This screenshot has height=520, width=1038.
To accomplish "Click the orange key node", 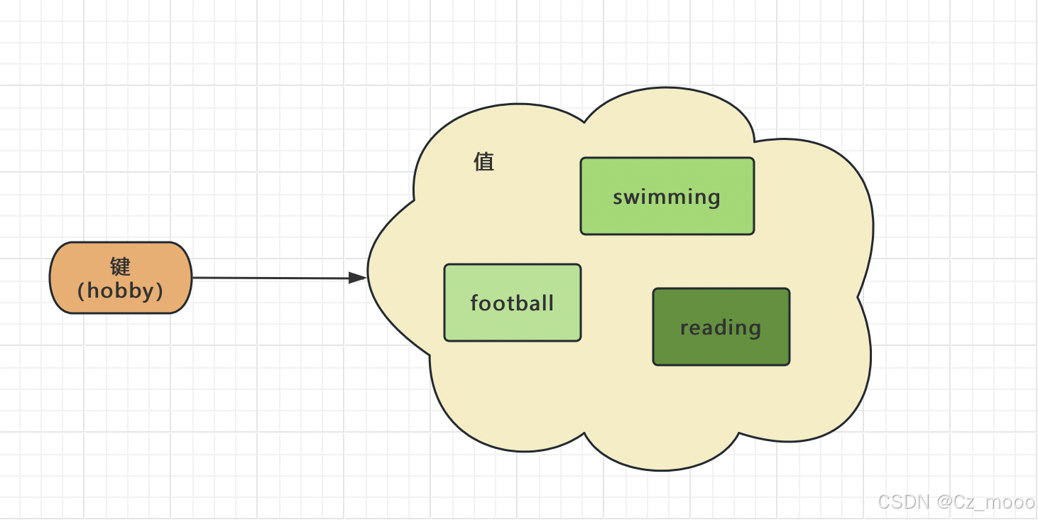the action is tap(121, 278).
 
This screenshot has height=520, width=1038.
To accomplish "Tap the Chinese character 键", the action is tap(121, 266).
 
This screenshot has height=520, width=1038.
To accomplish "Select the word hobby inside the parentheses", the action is tap(121, 291).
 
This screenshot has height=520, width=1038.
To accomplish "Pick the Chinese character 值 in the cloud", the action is tap(484, 162).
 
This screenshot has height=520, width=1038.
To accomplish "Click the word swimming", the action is tap(667, 197).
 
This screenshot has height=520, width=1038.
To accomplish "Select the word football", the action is tap(512, 303).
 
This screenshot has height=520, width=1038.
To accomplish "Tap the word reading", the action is tap(721, 327).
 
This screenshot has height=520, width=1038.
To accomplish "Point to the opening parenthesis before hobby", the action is tap(82, 291).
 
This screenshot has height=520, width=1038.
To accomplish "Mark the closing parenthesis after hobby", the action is tap(160, 291).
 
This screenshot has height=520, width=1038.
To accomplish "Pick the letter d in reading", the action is tap(719, 327).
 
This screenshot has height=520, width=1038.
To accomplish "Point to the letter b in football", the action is tap(521, 303).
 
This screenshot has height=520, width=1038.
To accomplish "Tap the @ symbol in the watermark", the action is tap(944, 502).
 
